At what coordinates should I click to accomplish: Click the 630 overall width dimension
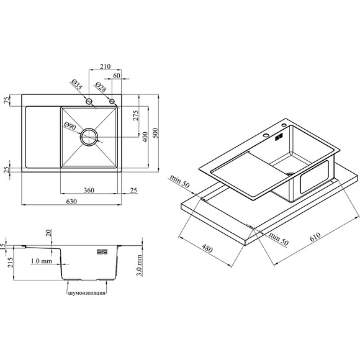(x=71, y=201)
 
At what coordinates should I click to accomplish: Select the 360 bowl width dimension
(x=89, y=190)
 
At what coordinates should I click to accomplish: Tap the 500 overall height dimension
(x=155, y=133)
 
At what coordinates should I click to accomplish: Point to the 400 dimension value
(x=145, y=137)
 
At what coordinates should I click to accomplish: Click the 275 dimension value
(x=136, y=115)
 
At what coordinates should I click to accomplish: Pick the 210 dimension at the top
(x=105, y=66)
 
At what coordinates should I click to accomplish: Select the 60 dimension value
(x=117, y=76)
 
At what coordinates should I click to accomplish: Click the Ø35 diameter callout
(x=76, y=84)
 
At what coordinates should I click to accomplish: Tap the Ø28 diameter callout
(x=101, y=87)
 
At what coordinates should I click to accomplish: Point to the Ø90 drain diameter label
(x=70, y=126)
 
